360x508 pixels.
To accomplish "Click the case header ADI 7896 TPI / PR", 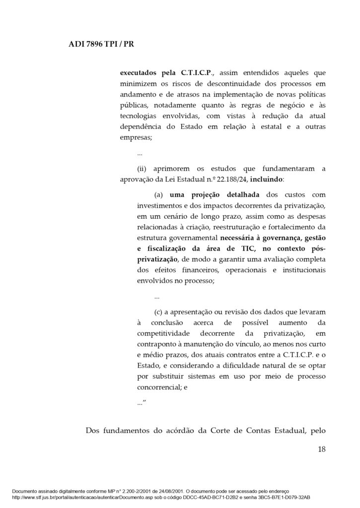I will point(100,44).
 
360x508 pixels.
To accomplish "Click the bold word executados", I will point(140,71).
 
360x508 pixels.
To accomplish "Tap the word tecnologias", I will point(141,116).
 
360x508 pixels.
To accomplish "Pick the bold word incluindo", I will point(279,180).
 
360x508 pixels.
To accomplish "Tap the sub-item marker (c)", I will point(159,312).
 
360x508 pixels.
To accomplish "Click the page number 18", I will point(321,450).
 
